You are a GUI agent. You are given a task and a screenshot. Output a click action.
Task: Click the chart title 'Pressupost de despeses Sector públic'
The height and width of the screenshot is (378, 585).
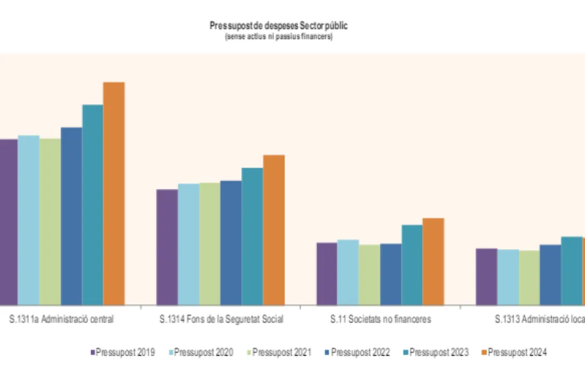click(279, 26)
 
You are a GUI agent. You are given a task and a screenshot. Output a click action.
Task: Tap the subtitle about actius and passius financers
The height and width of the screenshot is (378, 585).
click(279, 37)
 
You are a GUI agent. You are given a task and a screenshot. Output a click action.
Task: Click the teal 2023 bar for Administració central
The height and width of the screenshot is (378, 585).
click(93, 204)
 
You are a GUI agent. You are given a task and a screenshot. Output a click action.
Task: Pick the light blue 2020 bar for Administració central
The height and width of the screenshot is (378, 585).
click(29, 220)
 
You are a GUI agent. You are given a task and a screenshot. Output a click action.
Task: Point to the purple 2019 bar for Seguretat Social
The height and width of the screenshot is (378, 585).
click(167, 247)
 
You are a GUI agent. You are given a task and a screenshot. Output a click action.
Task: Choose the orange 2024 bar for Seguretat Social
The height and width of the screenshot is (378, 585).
click(274, 230)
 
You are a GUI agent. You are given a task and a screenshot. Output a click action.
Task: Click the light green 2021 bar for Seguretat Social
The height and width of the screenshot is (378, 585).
click(210, 244)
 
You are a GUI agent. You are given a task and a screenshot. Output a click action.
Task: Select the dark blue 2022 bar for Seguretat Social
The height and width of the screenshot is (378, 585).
click(231, 243)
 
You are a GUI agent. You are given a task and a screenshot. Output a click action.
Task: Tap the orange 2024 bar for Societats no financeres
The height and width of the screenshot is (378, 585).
click(433, 261)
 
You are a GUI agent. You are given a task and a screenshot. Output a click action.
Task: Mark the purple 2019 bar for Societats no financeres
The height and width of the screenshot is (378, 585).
click(327, 274)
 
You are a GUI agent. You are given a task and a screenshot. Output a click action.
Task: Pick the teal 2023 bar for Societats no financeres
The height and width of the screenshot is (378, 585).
click(412, 265)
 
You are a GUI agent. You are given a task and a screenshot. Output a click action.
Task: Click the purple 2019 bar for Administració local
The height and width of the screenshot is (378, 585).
click(486, 277)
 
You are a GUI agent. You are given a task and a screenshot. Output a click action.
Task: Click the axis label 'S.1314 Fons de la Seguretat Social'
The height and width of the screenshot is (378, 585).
click(221, 319)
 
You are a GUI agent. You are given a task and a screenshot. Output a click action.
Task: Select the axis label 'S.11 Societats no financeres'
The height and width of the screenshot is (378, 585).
click(380, 319)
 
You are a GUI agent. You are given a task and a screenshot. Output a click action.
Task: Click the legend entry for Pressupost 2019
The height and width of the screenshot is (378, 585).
click(123, 352)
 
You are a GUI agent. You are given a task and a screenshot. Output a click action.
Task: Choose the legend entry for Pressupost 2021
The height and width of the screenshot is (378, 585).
click(279, 352)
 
